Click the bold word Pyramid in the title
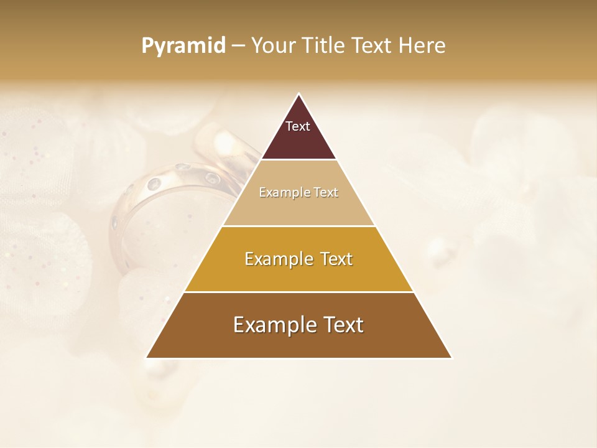(x=183, y=46)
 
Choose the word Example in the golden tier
(x=278, y=259)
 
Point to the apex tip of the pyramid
(x=298, y=95)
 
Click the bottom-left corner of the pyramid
(x=147, y=357)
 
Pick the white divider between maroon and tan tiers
(x=298, y=160)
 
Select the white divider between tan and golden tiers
(x=298, y=226)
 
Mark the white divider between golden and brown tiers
(x=298, y=292)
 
